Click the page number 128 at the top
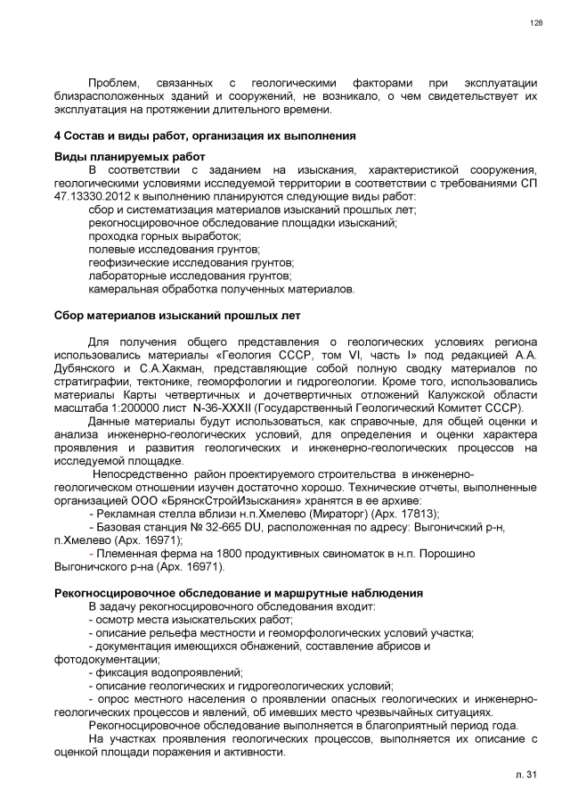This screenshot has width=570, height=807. (536, 22)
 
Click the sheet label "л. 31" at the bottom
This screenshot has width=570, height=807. (529, 778)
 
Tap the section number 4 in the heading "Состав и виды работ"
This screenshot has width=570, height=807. (57, 136)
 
